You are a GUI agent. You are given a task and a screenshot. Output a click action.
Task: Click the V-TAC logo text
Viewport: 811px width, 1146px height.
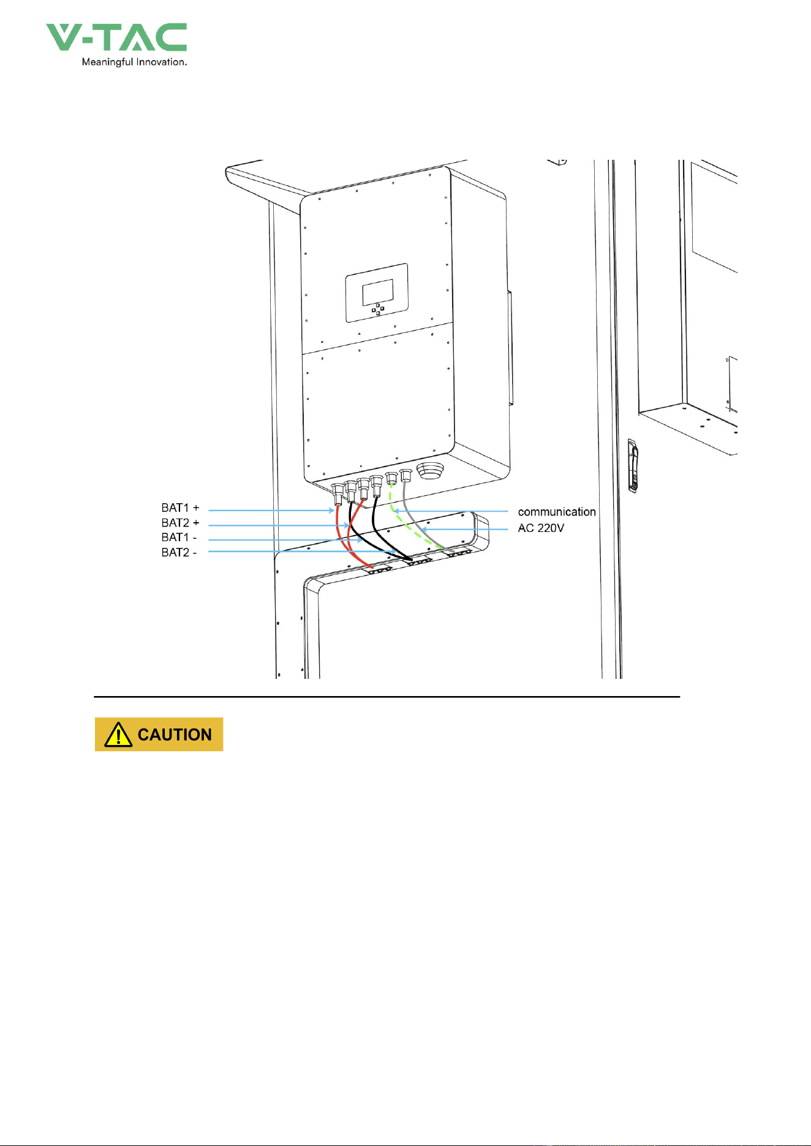(116, 37)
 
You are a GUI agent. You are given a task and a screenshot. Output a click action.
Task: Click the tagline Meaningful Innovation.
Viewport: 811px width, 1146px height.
(134, 62)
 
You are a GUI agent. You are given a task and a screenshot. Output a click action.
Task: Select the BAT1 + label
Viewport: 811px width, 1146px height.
(180, 507)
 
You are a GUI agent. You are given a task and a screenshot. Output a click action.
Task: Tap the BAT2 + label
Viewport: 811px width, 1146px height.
(180, 523)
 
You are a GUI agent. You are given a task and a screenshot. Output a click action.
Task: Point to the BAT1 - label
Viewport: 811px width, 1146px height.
(179, 537)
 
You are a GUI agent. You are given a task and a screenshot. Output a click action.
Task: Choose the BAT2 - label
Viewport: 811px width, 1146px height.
(179, 552)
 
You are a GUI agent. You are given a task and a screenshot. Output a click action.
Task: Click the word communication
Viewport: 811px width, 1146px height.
(557, 512)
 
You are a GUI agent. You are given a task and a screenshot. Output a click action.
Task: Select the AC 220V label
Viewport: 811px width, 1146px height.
(541, 528)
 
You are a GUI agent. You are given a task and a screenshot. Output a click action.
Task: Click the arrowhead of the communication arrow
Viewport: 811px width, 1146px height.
(396, 511)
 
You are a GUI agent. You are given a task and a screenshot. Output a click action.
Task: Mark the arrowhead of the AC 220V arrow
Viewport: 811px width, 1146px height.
(423, 528)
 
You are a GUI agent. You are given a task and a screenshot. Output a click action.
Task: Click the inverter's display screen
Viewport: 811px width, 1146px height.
(378, 292)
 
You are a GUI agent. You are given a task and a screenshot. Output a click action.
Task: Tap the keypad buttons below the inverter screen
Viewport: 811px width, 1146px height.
(378, 309)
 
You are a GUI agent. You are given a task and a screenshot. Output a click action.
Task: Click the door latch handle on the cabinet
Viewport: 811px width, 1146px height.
(634, 466)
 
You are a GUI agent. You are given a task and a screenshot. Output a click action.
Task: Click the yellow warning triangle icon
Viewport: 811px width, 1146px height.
(118, 735)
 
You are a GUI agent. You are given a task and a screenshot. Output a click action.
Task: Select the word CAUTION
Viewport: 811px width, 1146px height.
(175, 735)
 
